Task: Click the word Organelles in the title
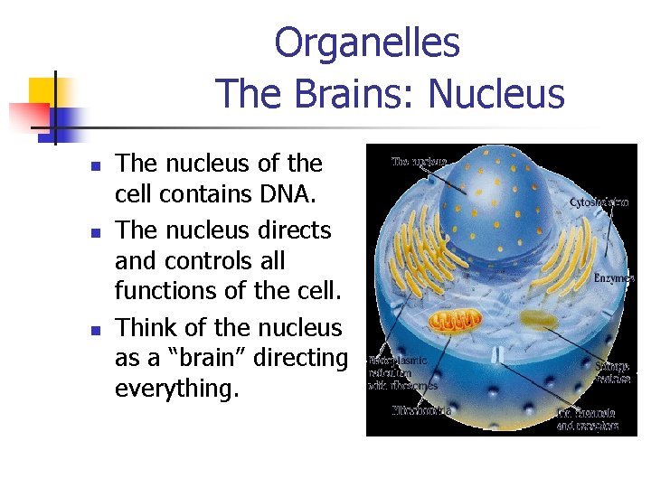366,42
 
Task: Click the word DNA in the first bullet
279,194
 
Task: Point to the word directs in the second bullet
291,230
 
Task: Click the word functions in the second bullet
160,291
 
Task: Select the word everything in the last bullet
175,389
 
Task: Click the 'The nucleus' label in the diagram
418,162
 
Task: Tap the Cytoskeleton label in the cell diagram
599,203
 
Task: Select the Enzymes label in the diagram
613,278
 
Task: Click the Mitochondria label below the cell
421,409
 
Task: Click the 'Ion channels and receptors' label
588,419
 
